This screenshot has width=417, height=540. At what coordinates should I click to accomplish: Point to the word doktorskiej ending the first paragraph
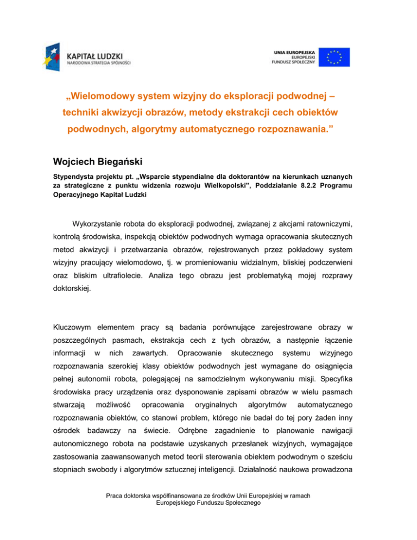[73, 298]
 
